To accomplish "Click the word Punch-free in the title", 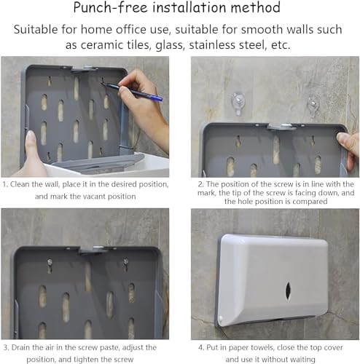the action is pyautogui.click(x=111, y=7).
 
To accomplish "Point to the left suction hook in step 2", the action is pyautogui.click(x=238, y=103).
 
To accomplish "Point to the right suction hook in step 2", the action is pyautogui.click(x=313, y=106).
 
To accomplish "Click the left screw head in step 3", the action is pyautogui.click(x=50, y=262).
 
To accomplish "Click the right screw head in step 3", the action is pyautogui.click(x=126, y=261).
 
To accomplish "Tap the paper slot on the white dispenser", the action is pyautogui.click(x=288, y=290).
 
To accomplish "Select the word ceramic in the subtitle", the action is pyautogui.click(x=102, y=45).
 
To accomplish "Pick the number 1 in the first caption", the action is pyautogui.click(x=4, y=184).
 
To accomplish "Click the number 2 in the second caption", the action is pyautogui.click(x=200, y=184).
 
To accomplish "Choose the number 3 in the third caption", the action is pyautogui.click(x=6, y=347).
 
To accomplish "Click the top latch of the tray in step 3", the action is pyautogui.click(x=92, y=250).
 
